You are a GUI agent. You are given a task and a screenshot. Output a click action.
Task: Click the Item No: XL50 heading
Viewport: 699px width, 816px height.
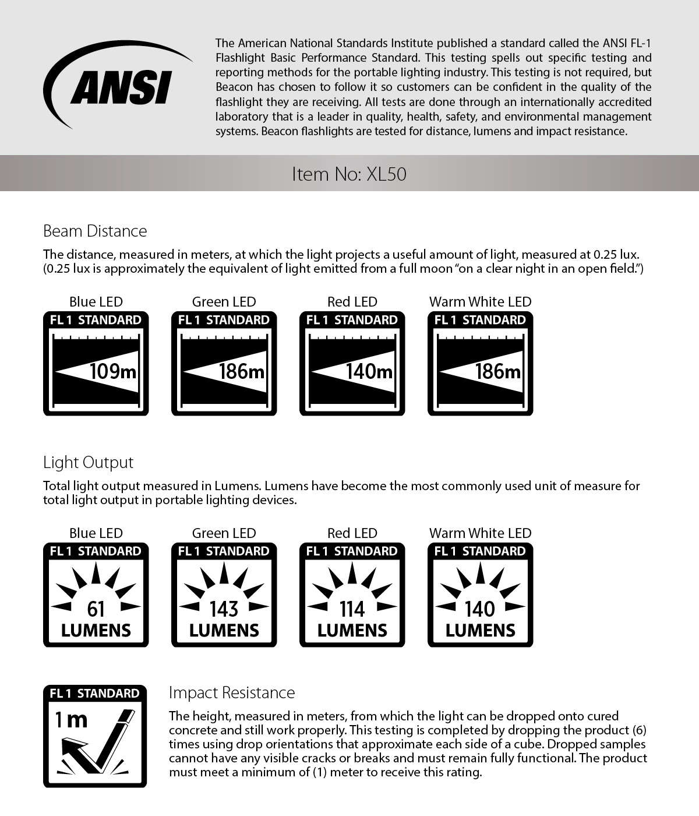[x=349, y=174]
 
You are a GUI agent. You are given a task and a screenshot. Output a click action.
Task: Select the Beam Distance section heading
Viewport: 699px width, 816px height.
[x=95, y=231]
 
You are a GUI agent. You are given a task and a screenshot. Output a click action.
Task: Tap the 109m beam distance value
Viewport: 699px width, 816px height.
[x=114, y=371]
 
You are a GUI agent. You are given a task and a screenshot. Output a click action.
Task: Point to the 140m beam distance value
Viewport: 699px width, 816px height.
[x=369, y=371]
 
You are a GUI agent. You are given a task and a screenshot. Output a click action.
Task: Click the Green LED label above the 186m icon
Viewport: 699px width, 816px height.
[x=224, y=301]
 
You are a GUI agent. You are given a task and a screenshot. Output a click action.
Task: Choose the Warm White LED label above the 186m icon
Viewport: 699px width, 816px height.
[x=480, y=301]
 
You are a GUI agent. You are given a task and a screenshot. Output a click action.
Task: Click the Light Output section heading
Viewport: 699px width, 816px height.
[x=88, y=462]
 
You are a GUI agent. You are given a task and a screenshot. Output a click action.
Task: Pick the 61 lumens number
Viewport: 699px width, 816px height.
[x=96, y=609]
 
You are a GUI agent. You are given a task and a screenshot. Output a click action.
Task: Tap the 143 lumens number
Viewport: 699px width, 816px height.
[x=224, y=609]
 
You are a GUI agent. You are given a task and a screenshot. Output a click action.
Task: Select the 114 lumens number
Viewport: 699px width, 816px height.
[x=352, y=609]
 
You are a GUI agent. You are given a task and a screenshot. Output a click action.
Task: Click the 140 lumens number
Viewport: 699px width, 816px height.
[x=480, y=609]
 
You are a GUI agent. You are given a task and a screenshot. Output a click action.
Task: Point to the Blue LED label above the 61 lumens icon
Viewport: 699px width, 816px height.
[x=96, y=533]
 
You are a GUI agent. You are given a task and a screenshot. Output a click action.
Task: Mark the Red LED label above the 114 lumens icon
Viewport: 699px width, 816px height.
[x=352, y=533]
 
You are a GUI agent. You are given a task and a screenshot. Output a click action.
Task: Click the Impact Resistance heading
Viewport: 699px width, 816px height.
[x=232, y=692]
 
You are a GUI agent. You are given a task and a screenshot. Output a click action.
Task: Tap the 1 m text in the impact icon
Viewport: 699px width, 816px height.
[x=71, y=720]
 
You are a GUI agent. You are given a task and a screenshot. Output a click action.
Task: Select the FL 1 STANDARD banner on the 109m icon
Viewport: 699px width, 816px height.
[x=96, y=320]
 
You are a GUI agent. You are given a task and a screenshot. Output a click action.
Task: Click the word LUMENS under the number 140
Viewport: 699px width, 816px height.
[x=480, y=630]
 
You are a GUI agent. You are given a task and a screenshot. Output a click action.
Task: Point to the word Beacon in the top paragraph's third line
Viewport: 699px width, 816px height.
[x=230, y=87]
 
